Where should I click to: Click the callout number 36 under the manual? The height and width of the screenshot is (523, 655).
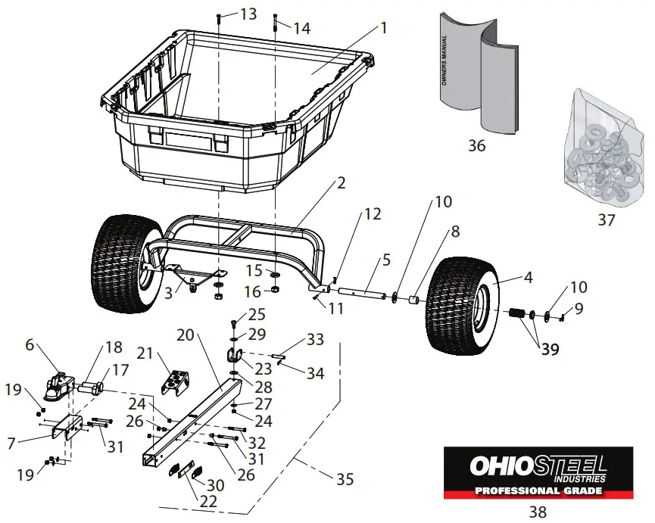click(476, 145)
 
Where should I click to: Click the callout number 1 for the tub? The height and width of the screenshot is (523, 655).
click(384, 28)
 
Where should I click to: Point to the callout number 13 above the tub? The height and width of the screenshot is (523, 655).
click(248, 14)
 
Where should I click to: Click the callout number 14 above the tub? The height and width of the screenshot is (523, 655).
click(301, 28)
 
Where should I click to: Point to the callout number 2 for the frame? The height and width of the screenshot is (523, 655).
click(342, 183)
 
